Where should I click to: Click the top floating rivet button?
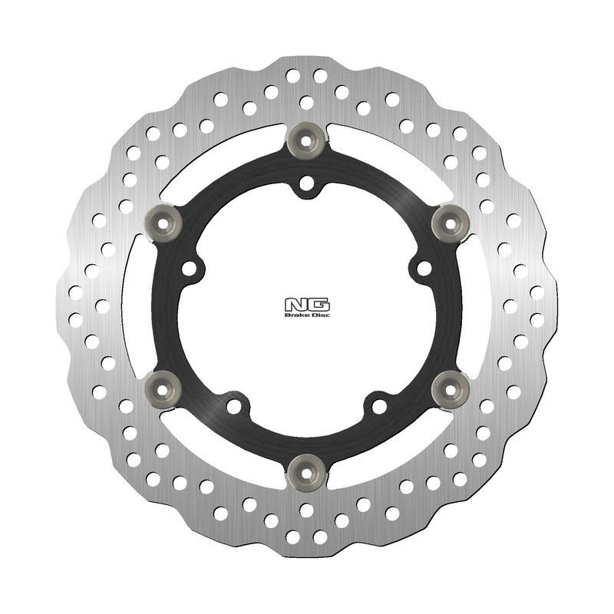pos(306,140)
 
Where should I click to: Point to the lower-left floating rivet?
pos(162,389)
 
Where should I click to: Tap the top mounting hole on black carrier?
pos(306,184)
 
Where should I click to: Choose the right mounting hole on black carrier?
pos(422,268)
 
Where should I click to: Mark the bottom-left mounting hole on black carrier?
pos(234,404)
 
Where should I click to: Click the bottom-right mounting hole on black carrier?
pos(378,404)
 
